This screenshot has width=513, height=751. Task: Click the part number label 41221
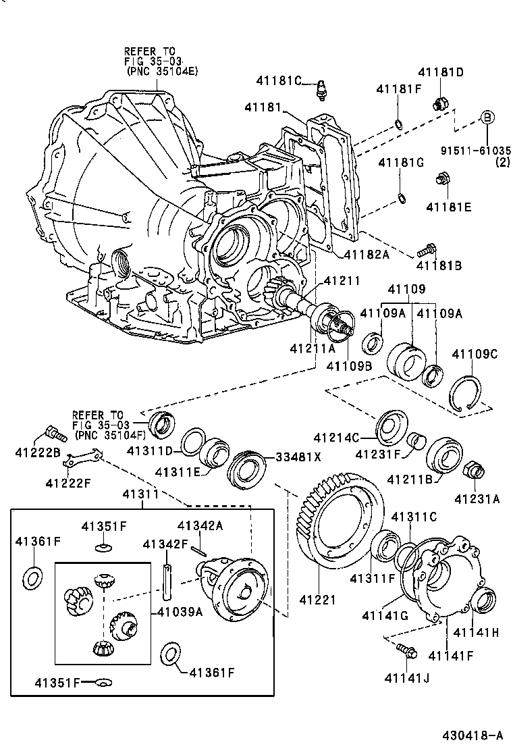[317, 599]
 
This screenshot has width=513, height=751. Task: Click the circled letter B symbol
[487, 117]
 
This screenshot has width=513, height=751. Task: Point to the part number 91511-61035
[476, 151]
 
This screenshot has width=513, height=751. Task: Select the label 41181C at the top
[279, 80]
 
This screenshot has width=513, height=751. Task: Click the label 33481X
[298, 457]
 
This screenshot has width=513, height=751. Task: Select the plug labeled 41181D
[441, 102]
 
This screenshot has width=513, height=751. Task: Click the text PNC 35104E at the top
[163, 71]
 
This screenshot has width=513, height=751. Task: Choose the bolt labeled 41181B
[427, 249]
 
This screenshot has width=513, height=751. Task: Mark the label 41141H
[476, 632]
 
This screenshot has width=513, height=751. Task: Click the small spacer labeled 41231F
[416, 440]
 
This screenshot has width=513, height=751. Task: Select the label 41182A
[366, 255]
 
